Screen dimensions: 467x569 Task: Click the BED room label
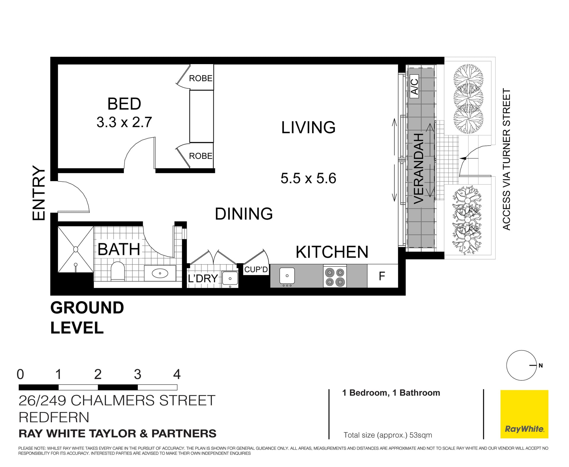(124, 104)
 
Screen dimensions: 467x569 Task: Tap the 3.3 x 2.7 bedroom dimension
(124, 122)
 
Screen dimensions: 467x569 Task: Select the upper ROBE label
(201, 78)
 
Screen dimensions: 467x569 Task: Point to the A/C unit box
(414, 86)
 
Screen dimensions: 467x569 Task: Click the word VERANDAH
(418, 168)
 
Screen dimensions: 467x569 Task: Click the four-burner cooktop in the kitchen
(335, 277)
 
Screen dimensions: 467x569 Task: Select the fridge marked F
(382, 276)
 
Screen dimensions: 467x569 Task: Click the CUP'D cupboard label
(256, 270)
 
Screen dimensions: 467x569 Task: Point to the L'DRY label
(203, 279)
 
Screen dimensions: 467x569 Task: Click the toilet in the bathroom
(118, 271)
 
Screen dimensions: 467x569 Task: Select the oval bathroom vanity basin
(160, 273)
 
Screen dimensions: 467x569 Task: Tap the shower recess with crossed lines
(76, 249)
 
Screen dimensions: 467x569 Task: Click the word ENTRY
(39, 193)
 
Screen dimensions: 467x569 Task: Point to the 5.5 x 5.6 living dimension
(308, 178)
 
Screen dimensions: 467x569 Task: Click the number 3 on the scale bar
(137, 374)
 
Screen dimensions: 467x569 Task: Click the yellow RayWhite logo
(524, 414)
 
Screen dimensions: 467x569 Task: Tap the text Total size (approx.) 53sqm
(387, 435)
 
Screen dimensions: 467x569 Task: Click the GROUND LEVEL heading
(87, 318)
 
